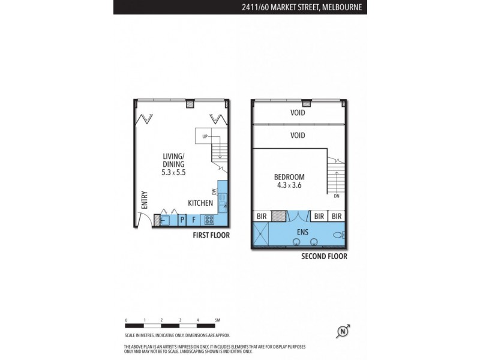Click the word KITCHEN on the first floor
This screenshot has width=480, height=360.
click(200, 203)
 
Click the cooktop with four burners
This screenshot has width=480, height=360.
click(209, 220)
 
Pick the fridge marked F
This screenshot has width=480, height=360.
click(194, 220)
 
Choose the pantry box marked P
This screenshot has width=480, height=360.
click(182, 220)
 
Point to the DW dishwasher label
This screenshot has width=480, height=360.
click(214, 193)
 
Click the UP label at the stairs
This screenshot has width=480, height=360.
click(205, 137)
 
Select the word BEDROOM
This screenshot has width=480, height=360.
click(289, 177)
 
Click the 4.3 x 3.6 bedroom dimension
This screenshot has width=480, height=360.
click(290, 186)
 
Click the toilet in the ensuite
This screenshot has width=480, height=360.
click(340, 235)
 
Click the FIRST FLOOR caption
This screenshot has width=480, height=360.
click(211, 236)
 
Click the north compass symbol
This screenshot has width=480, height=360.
click(344, 331)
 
